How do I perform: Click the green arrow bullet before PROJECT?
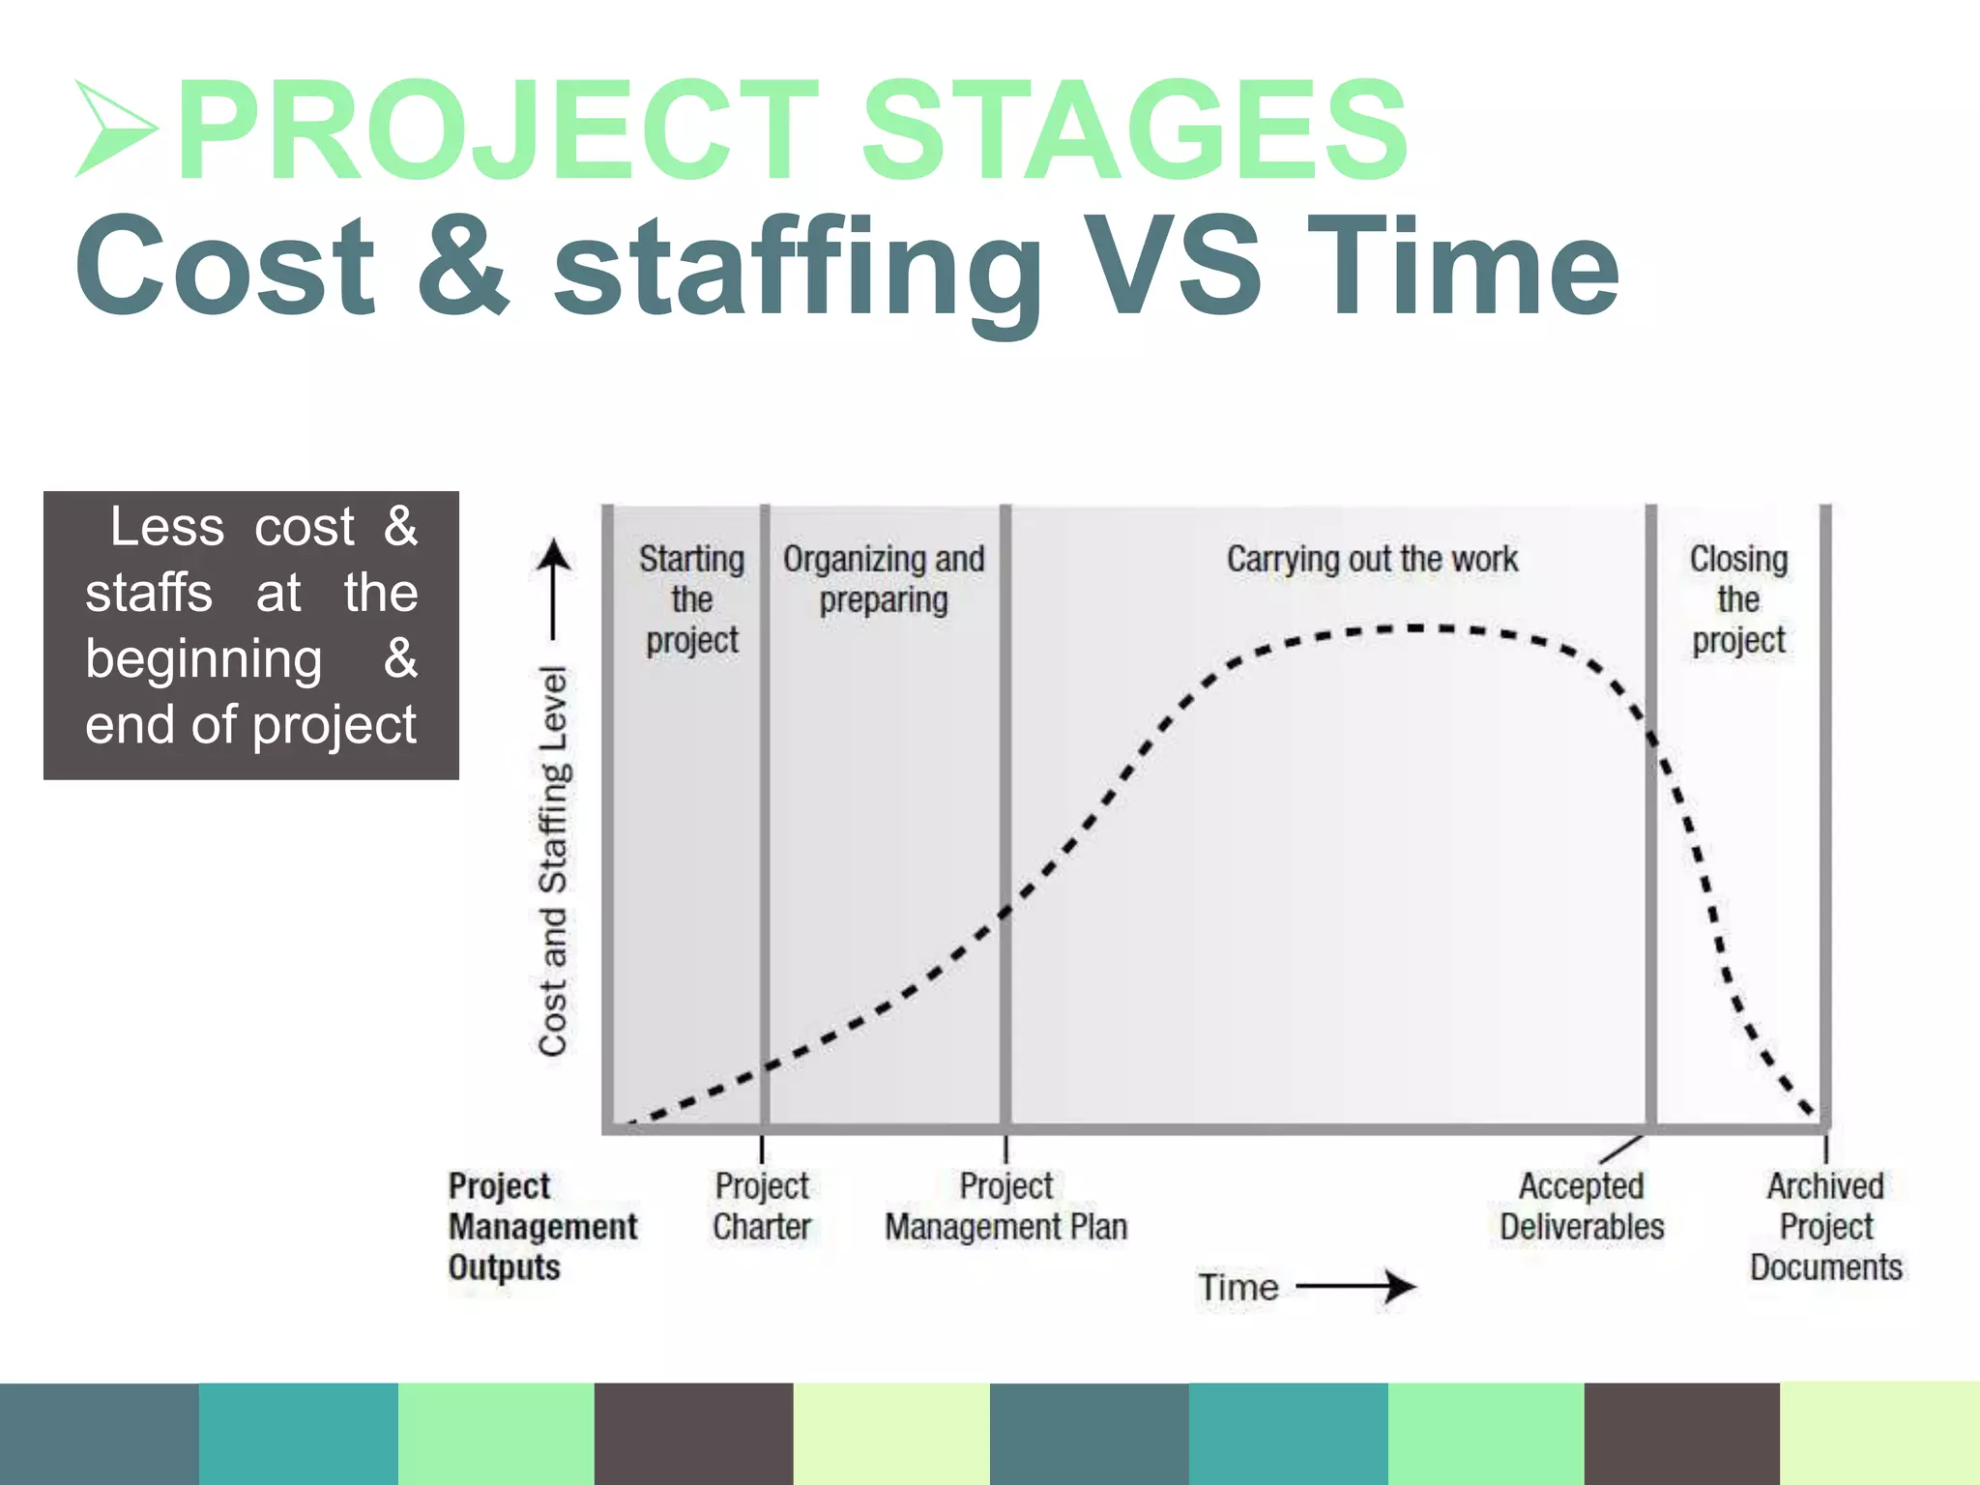pos(114,130)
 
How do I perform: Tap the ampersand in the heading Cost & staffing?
pos(463,265)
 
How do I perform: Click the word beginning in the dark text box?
pos(203,660)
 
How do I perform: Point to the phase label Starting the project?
pos(692,599)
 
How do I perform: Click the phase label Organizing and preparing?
pos(884,579)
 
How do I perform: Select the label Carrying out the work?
pos(1371,559)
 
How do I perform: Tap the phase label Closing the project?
pos(1738,599)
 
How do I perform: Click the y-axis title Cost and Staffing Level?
pos(553,860)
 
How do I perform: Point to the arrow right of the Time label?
pos(1358,1287)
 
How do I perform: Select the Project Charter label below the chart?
pos(762,1207)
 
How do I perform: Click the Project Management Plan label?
pos(1005,1207)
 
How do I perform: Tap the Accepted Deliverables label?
pos(1582,1207)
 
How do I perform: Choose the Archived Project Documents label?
pos(1825,1226)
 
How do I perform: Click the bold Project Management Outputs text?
pos(541,1226)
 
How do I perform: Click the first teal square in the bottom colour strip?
pos(298,1434)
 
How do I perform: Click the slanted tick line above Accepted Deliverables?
pos(1621,1150)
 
